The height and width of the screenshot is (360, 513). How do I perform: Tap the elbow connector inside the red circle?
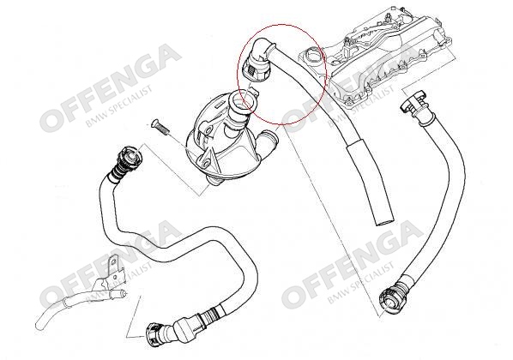(x=258, y=59)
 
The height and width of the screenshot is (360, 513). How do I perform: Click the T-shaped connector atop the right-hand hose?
(x=413, y=105)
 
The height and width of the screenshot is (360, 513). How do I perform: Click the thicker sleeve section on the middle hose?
(x=370, y=181)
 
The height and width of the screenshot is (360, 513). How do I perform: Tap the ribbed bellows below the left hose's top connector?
(x=119, y=169)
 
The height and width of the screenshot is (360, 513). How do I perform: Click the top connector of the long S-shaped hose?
(x=130, y=155)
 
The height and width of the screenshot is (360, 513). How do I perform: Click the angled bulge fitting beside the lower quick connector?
(x=184, y=327)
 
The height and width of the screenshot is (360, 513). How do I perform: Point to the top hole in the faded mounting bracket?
(x=113, y=261)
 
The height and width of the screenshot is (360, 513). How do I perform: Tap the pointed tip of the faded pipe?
(x=124, y=294)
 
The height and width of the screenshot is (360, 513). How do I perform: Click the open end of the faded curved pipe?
(x=39, y=326)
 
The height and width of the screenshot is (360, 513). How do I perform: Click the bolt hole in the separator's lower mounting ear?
(x=206, y=163)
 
